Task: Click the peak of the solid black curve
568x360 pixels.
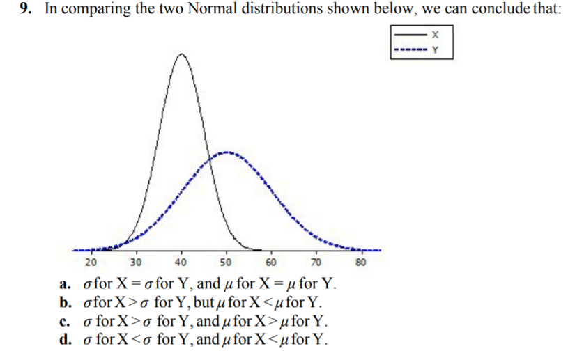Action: [x=181, y=54]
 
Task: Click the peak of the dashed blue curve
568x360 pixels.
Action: [x=225, y=151]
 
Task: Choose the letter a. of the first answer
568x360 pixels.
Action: [x=65, y=285]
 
